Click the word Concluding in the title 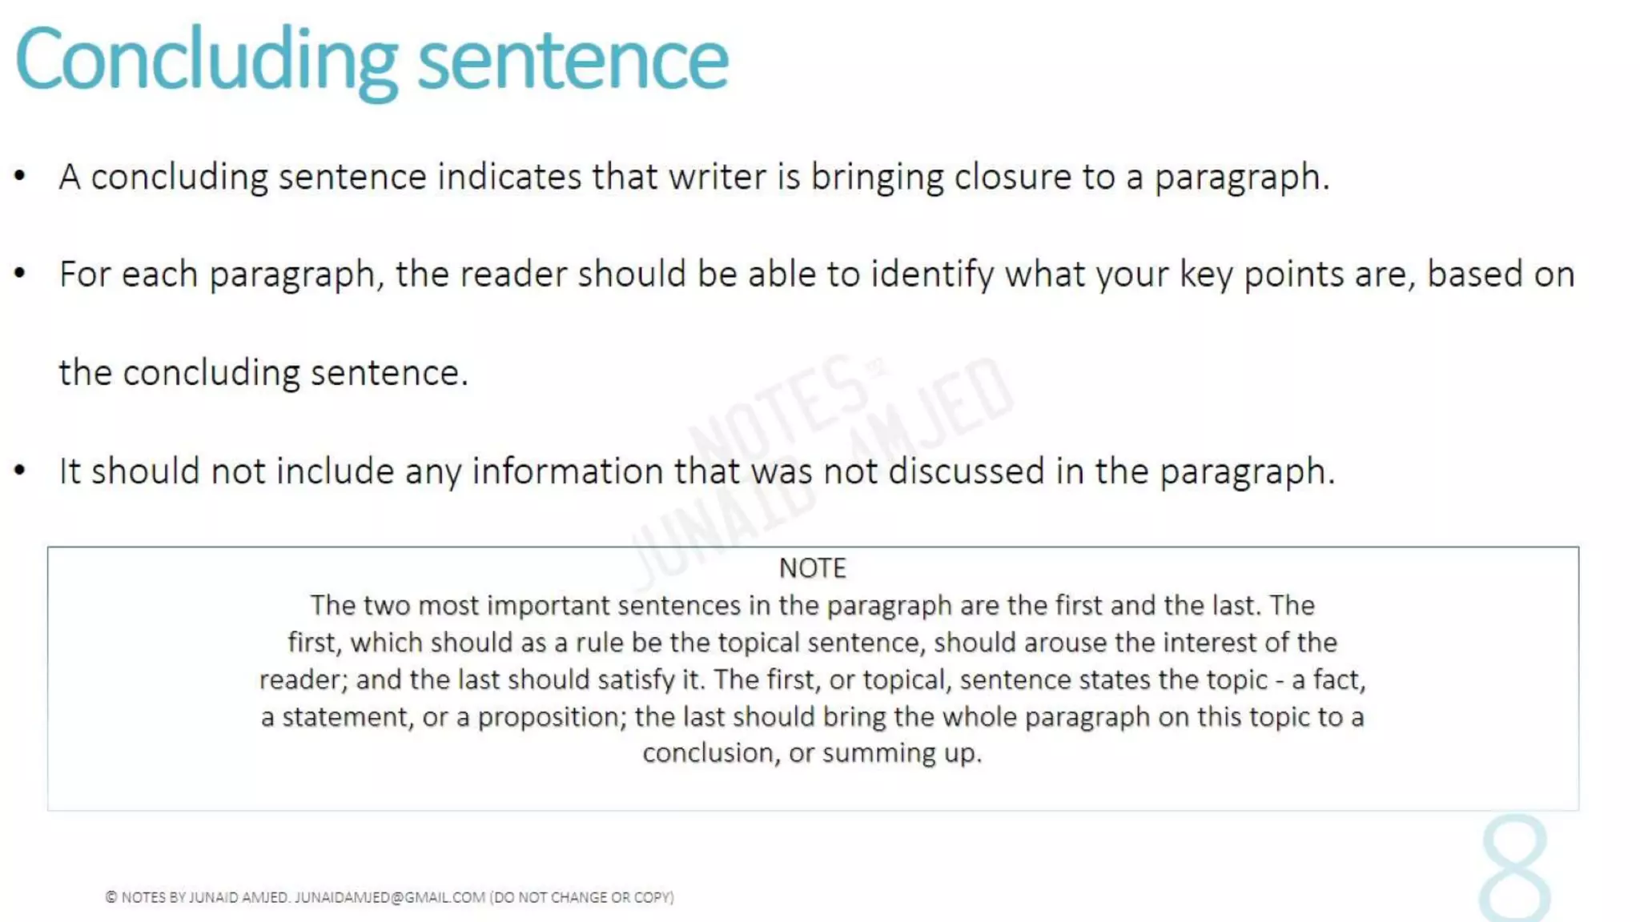point(206,61)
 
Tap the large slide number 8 point(1514,869)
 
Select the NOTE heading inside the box point(812,568)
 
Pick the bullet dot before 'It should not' point(21,471)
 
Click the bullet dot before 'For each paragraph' point(21,274)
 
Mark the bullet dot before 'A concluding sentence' point(21,176)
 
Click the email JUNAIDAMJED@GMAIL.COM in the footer point(389,897)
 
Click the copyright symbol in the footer point(111,897)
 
